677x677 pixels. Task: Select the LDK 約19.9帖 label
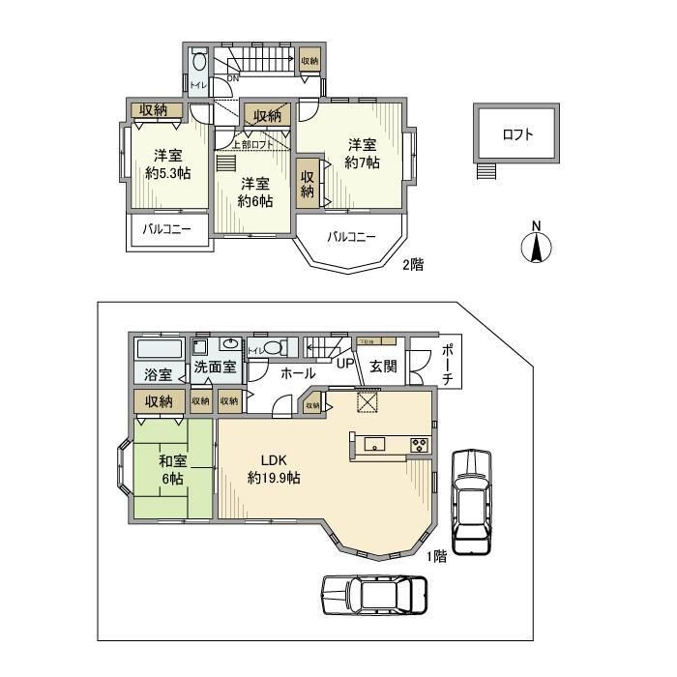[273, 469]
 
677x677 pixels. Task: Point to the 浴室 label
[159, 374]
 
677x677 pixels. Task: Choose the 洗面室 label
[215, 367]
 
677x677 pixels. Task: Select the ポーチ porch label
[447, 364]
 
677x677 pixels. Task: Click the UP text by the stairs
[343, 365]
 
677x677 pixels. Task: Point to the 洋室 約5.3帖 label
[167, 163]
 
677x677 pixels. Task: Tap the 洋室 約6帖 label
[255, 191]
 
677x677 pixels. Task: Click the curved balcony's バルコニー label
[350, 237]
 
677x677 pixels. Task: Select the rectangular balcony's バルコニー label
[168, 230]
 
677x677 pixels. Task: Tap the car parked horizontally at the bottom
[375, 589]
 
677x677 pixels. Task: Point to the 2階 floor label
[413, 263]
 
